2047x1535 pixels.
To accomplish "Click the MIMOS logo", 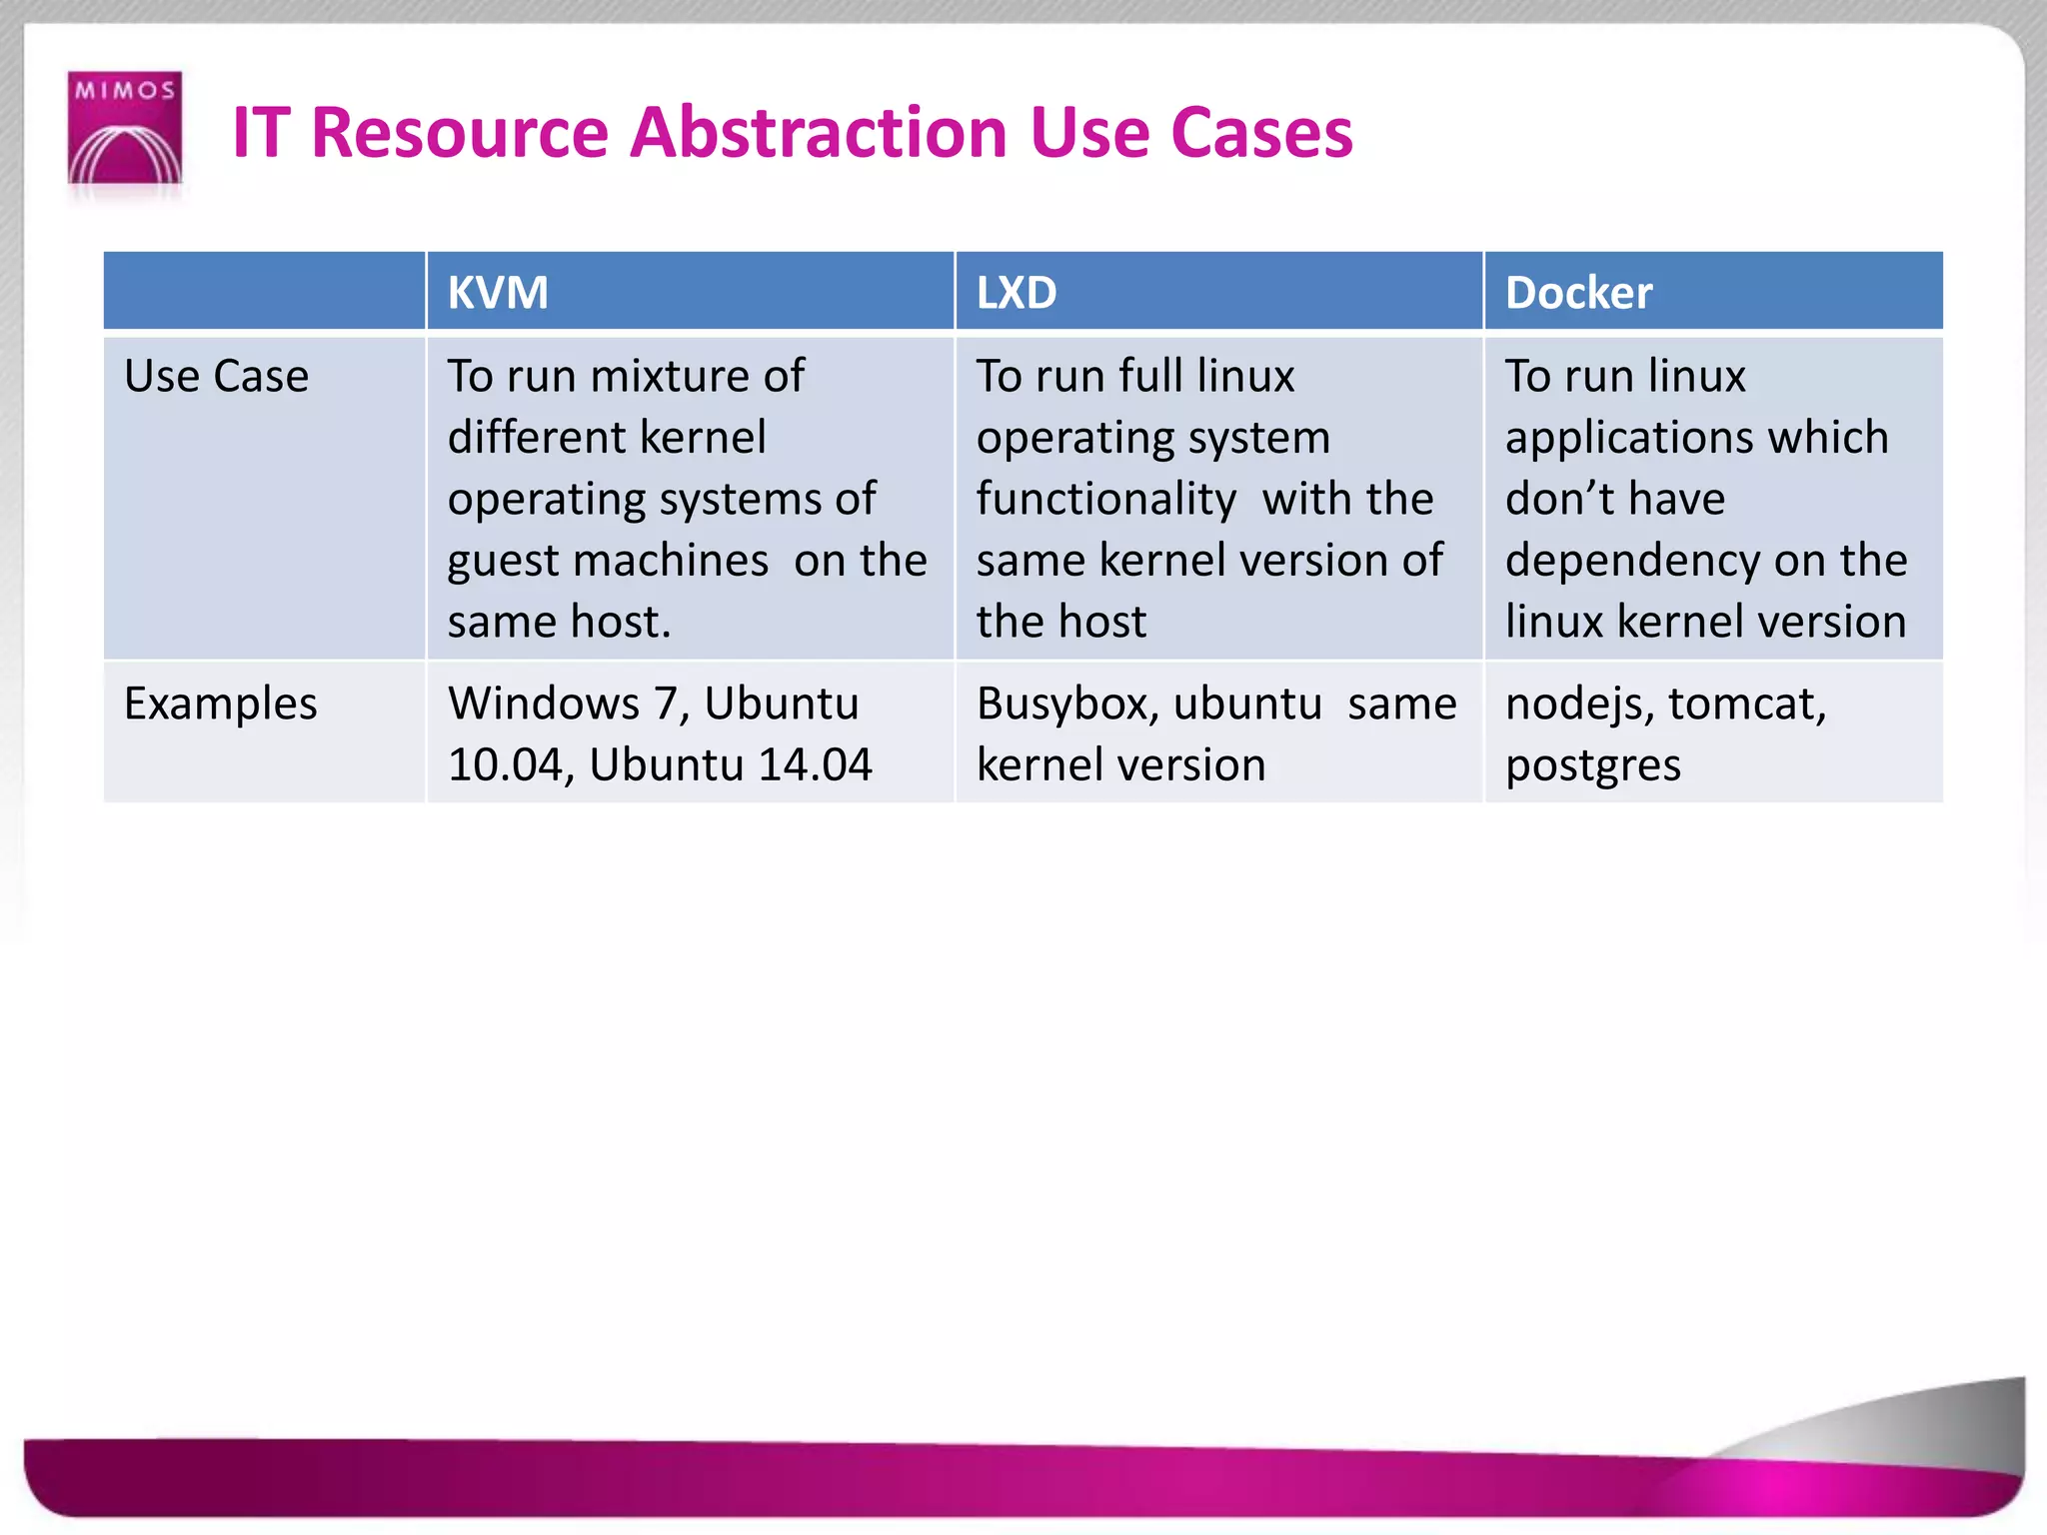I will pos(125,127).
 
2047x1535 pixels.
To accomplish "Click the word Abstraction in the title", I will pos(819,133).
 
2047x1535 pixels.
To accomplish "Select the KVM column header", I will pos(498,293).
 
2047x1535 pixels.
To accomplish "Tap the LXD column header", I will pos(1017,293).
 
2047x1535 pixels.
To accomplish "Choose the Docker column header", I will pos(1578,293).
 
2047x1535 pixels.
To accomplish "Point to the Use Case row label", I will pos(216,377).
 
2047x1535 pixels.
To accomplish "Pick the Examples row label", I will pos(220,704).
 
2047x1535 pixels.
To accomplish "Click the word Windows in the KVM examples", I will pos(544,704).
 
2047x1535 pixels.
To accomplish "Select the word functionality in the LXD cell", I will pos(1106,499).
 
